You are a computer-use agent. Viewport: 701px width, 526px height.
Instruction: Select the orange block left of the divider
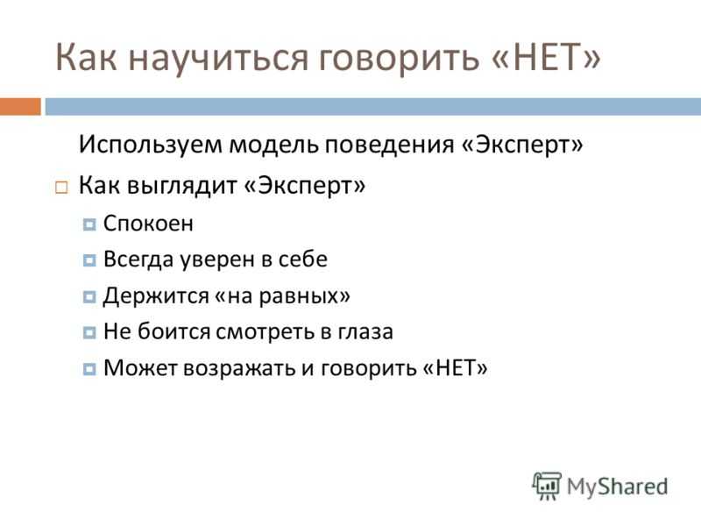[x=20, y=107]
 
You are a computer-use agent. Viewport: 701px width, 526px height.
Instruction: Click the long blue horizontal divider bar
[x=373, y=107]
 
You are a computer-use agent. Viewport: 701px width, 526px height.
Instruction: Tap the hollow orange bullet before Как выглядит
[x=61, y=187]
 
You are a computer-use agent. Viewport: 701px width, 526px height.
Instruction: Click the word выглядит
[x=182, y=186]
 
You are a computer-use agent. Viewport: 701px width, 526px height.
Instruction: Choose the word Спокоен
[x=148, y=224]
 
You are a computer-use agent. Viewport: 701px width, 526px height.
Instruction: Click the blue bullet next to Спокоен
[x=89, y=224]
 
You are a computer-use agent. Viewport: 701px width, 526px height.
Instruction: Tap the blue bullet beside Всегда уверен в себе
[x=89, y=260]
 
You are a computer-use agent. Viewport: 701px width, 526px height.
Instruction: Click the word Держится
[x=156, y=296]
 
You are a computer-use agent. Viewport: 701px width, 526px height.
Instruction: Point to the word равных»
[x=304, y=296]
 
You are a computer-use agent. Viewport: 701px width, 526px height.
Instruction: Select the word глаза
[x=365, y=332]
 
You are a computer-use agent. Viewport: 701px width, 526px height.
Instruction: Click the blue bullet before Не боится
[x=89, y=333]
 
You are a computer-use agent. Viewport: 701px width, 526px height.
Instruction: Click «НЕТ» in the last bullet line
[x=455, y=368]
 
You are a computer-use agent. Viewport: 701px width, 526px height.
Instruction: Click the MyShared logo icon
[x=546, y=486]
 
